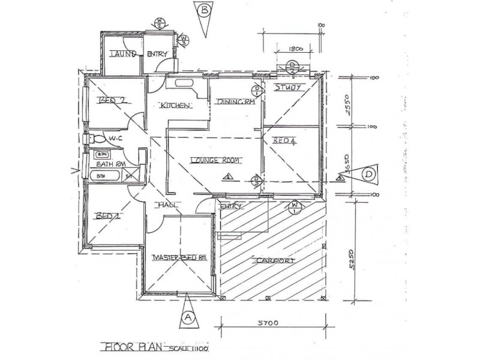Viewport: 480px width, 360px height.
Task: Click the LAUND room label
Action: tap(122, 55)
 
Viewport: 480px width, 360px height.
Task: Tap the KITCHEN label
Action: tap(175, 106)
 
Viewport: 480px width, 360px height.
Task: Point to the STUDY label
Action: tap(286, 88)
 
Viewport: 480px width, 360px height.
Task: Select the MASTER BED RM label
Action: tap(179, 258)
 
